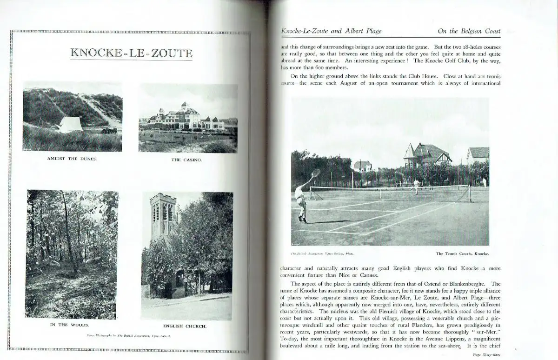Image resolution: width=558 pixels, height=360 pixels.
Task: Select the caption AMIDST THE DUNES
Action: [72, 159]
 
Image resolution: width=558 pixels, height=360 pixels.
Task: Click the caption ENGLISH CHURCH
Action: [185, 326]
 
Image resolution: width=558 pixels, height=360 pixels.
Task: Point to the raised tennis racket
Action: [316, 173]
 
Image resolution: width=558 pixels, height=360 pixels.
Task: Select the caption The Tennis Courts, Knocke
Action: [463, 254]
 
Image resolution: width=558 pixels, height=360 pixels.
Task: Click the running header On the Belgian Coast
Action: [469, 31]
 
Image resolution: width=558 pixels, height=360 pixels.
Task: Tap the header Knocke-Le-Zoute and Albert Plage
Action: [332, 31]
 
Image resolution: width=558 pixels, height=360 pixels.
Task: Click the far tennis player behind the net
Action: [416, 185]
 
